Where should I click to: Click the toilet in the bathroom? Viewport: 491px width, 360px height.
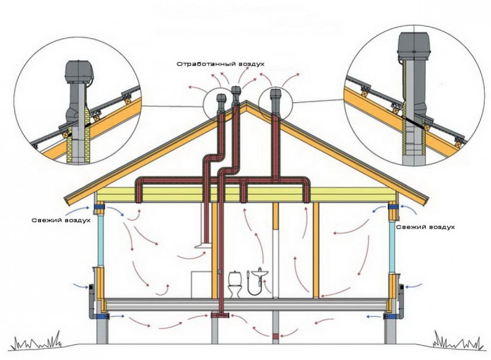[235, 284]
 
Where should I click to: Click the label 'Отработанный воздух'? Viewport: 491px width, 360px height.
[220, 64]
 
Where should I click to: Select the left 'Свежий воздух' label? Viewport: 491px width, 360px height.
[61, 221]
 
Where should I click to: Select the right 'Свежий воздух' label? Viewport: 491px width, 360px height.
[425, 227]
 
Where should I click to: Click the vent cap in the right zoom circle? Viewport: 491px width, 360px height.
[414, 43]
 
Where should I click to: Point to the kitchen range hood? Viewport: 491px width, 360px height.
[204, 245]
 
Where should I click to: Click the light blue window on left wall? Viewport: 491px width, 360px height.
[101, 240]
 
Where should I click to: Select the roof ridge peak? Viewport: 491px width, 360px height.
[247, 101]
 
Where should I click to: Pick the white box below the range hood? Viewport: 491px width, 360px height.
[201, 284]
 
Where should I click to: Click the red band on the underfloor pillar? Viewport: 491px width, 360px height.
[275, 337]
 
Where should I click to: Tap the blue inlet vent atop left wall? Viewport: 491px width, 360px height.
[99, 206]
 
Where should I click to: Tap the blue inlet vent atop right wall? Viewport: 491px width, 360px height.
[393, 207]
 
